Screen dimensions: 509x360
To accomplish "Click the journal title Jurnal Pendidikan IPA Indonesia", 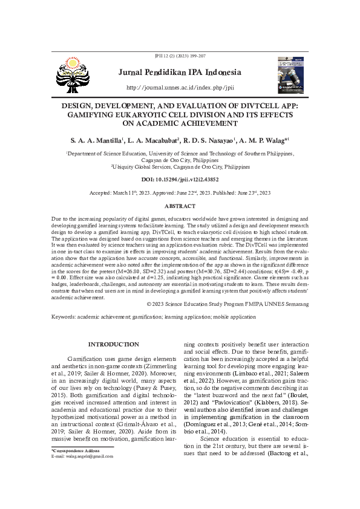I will (180, 73).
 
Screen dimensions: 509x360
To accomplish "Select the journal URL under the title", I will (180, 88).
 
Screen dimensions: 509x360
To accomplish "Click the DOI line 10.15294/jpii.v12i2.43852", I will (180, 180).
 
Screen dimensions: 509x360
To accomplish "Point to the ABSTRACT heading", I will (180, 206).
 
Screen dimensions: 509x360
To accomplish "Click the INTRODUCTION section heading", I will (114, 344).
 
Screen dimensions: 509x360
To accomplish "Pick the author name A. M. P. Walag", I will (265, 140).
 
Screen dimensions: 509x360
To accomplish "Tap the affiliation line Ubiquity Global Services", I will (180, 166).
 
